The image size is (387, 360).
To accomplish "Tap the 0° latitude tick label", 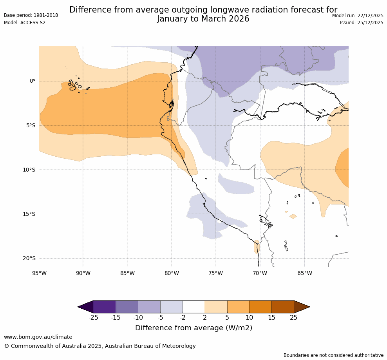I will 33,81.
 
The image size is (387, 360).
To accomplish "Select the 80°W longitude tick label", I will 172,273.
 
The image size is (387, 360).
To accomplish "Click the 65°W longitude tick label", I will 304,273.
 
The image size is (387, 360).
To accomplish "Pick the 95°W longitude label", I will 39,273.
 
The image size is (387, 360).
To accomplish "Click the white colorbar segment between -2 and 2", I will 193,307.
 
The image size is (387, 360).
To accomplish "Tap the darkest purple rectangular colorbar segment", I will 105,307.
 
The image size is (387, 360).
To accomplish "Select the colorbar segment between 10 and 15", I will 260,307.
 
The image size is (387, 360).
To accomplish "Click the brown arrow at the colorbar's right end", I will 301,307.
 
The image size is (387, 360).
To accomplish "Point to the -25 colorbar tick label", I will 93,317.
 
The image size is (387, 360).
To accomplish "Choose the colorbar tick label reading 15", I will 271,317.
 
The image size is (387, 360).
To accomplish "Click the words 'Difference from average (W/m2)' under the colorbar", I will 193,328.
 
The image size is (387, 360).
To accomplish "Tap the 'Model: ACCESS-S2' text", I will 25,23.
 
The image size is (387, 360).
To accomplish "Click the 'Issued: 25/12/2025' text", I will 362,23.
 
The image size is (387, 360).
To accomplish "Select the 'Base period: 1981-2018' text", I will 31,15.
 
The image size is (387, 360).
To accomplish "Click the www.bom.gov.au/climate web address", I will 38,337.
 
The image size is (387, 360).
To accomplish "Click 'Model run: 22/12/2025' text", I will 358,15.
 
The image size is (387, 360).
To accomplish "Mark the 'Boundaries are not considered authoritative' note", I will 333,355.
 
